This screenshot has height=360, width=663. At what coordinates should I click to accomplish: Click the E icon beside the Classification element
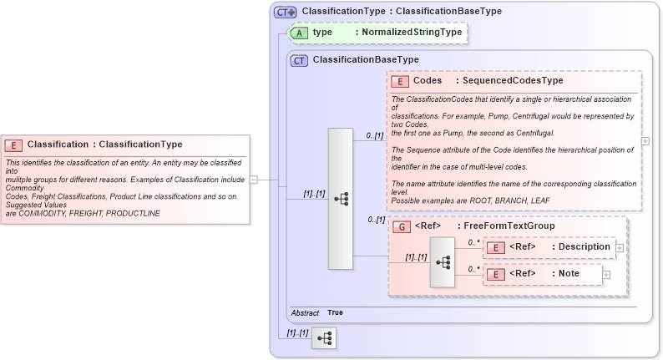[x=14, y=145]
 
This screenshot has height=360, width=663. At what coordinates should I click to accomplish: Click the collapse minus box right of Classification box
[x=253, y=179]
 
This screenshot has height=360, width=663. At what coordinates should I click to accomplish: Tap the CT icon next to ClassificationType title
[x=286, y=12]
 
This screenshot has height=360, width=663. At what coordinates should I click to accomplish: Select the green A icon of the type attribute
[x=298, y=33]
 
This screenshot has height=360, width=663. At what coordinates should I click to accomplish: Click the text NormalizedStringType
[x=407, y=33]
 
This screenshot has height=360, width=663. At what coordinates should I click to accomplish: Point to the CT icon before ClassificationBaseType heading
[x=298, y=60]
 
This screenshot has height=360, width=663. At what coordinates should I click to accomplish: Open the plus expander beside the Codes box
[x=645, y=140]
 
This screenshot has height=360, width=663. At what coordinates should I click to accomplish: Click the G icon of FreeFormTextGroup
[x=401, y=226]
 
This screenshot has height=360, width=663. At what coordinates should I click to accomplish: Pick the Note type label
[x=569, y=274]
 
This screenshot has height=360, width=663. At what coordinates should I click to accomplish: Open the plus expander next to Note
[x=606, y=274]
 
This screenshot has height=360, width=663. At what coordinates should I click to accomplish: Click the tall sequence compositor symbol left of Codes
[x=341, y=199]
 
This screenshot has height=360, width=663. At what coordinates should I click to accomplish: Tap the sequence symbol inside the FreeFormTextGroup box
[x=443, y=261]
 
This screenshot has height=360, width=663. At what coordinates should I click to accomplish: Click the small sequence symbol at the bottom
[x=323, y=338]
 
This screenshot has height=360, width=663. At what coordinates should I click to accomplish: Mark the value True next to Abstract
[x=335, y=312]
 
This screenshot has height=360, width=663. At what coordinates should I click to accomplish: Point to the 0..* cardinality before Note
[x=473, y=268]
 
